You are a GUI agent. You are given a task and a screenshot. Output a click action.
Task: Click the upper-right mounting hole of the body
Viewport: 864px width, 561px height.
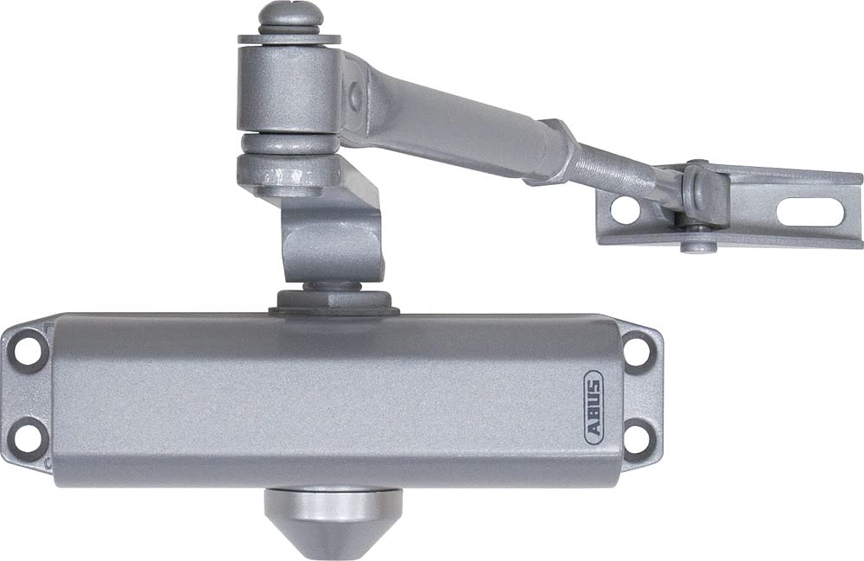pyautogui.click(x=637, y=350)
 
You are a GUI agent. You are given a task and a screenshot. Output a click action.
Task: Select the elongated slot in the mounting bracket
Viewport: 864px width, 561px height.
pyautogui.click(x=810, y=212)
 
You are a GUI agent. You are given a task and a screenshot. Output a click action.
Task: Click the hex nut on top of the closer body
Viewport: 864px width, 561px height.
pyautogui.click(x=334, y=302)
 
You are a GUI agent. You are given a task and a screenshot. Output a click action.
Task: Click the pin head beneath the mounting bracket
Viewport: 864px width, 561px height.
pyautogui.click(x=698, y=246)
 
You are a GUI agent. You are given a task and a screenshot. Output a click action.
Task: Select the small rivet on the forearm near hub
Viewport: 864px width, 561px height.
pyautogui.click(x=355, y=98)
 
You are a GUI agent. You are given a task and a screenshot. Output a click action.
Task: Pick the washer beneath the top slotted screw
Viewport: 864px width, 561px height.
pyautogui.click(x=289, y=39)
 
